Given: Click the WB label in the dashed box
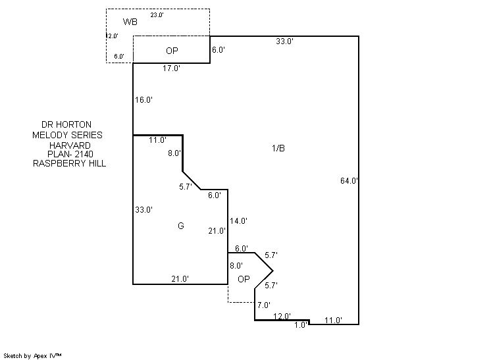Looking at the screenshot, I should (x=130, y=22).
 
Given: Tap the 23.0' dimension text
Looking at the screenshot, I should (x=157, y=14).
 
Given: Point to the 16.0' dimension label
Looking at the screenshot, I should (x=144, y=100).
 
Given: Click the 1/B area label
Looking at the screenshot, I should (x=278, y=148).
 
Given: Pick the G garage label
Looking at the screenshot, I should (x=180, y=226).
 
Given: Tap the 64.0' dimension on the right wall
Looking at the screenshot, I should (x=349, y=180).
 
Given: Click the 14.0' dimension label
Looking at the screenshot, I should (x=238, y=221).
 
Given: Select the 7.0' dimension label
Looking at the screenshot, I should (x=264, y=305).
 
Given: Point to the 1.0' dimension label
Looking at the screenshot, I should (x=301, y=324).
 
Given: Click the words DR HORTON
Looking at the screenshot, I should (x=66, y=124).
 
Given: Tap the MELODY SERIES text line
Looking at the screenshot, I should (x=67, y=134).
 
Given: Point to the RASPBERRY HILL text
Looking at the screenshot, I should (x=69, y=164).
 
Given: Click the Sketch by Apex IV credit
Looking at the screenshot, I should (x=33, y=355).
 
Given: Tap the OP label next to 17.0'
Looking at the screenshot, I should (x=172, y=51).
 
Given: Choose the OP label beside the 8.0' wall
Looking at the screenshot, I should (x=244, y=279).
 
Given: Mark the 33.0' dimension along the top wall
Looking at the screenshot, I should (x=284, y=41).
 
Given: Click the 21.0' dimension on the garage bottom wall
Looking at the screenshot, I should (x=180, y=279).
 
